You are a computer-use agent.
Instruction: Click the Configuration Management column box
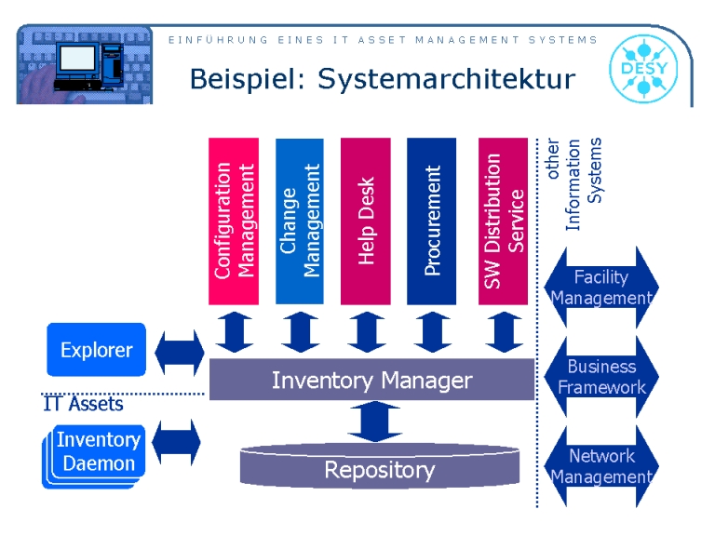click(233, 221)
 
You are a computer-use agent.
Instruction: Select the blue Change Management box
click(300, 221)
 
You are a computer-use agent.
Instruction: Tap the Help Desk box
click(366, 221)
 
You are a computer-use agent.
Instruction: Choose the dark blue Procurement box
click(432, 221)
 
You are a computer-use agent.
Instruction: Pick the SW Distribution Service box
click(504, 221)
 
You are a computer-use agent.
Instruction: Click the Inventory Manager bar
click(371, 380)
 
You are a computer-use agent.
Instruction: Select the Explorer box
click(97, 350)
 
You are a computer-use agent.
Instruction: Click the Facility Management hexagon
click(600, 288)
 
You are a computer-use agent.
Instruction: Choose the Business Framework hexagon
click(600, 377)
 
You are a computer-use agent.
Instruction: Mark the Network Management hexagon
click(600, 466)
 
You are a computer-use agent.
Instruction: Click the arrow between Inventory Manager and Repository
click(374, 423)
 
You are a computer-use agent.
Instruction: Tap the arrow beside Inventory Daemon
click(176, 442)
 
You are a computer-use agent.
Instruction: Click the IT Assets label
click(83, 404)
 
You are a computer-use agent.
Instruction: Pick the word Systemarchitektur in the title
click(447, 79)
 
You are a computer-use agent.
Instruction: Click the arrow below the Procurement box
click(432, 331)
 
